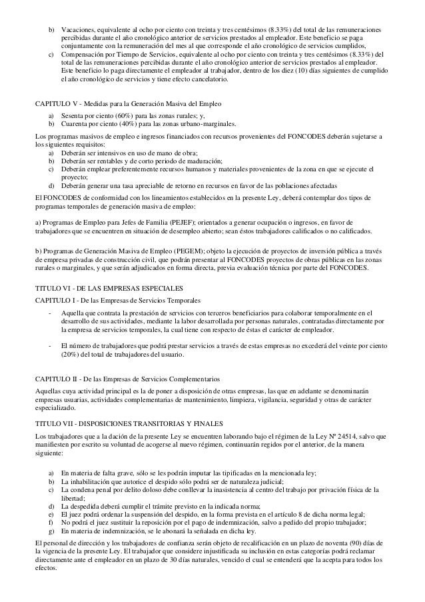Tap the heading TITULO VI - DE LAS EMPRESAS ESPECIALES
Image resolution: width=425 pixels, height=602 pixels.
click(x=108, y=287)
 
